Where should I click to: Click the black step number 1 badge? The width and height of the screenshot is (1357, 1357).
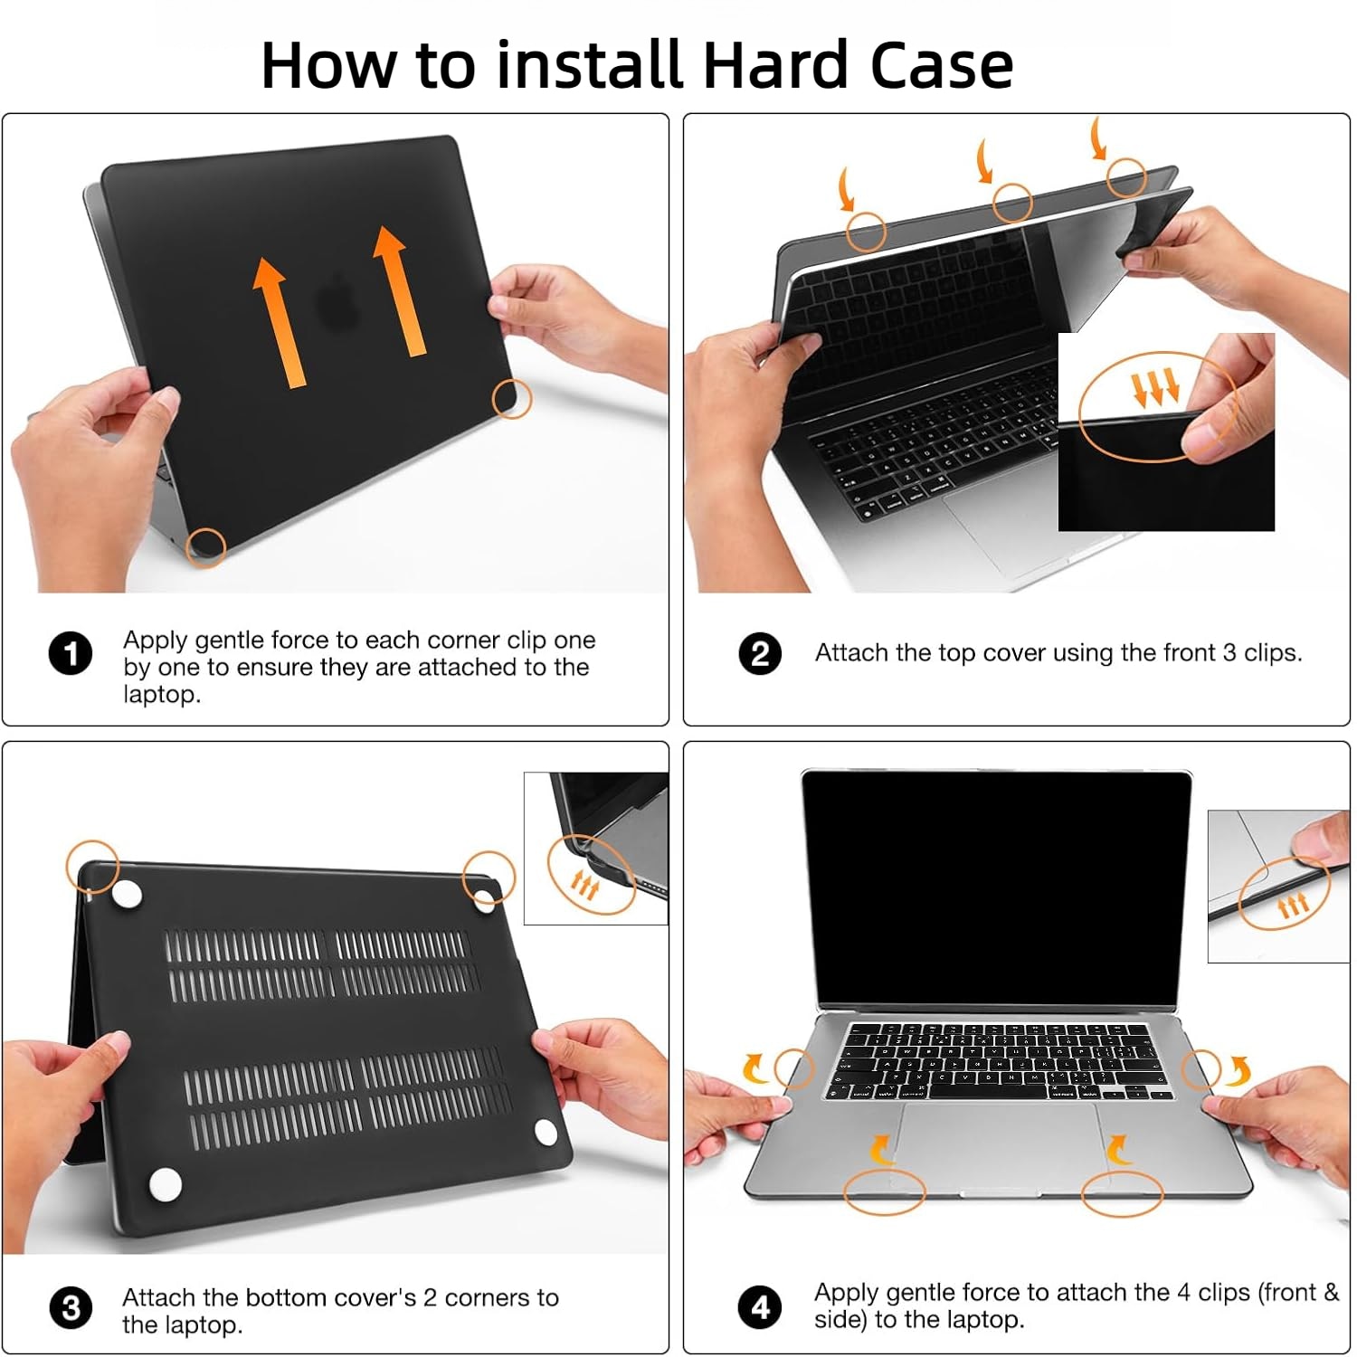click(71, 653)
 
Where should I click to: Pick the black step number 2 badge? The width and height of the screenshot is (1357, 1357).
click(760, 653)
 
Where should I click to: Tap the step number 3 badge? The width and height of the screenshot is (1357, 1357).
click(71, 1308)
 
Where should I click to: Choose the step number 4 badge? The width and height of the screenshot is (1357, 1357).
click(760, 1307)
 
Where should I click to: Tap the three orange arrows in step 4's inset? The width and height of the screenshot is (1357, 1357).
click(1293, 904)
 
